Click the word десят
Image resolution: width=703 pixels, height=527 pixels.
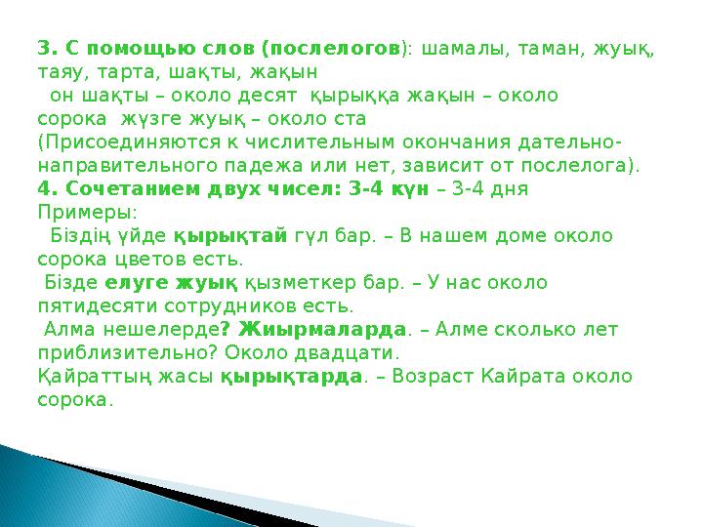point(273,96)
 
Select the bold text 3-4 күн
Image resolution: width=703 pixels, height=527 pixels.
point(384,189)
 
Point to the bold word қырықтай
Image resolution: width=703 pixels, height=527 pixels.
point(230,236)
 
